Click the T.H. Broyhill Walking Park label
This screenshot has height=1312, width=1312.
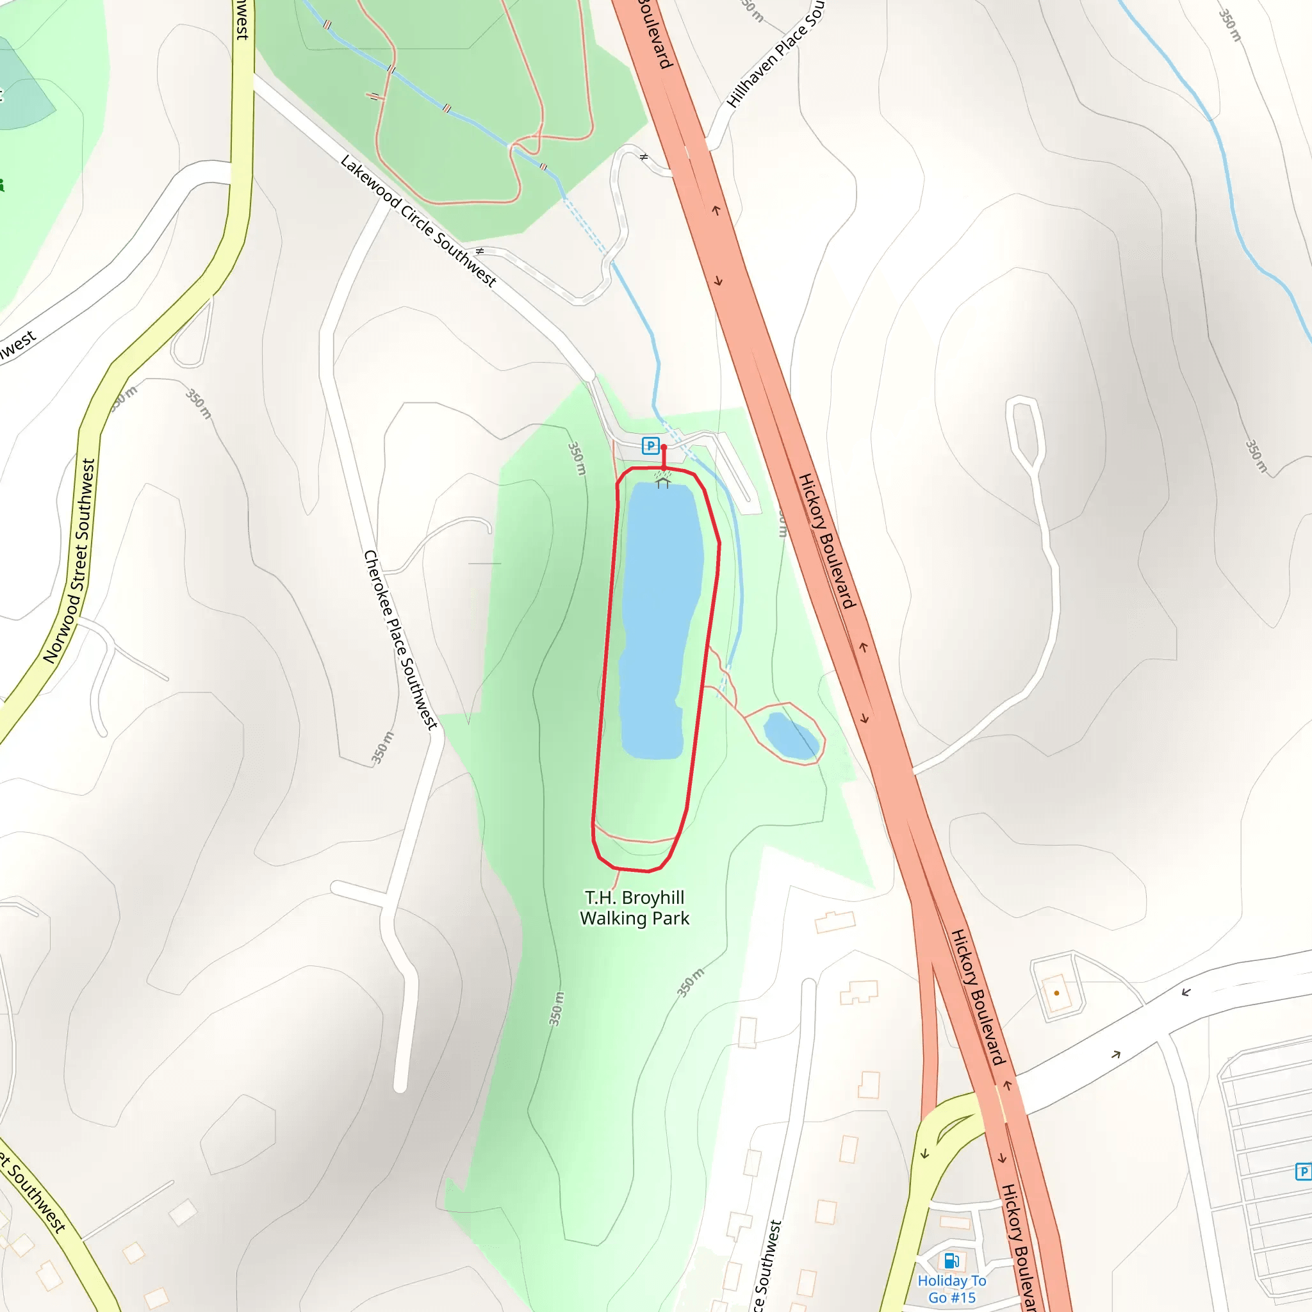[x=634, y=908]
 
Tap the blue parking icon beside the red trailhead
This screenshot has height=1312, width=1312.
[x=650, y=446]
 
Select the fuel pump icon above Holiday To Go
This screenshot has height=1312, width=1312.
[x=951, y=1261]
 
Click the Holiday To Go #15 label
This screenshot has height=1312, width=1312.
[x=951, y=1289]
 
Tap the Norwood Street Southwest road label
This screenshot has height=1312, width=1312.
[x=70, y=561]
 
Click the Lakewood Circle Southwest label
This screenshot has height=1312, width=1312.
[x=418, y=220]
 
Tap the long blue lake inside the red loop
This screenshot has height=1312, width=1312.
[x=659, y=618]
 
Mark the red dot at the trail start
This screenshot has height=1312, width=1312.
[x=664, y=448]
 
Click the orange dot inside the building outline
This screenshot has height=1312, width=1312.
[x=1056, y=993]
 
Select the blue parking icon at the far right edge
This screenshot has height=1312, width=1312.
[x=1303, y=1172]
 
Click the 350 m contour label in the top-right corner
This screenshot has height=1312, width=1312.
[x=1230, y=25]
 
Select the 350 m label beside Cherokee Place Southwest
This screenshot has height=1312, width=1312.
[x=382, y=747]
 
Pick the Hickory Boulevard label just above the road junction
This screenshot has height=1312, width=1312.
[x=977, y=997]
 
